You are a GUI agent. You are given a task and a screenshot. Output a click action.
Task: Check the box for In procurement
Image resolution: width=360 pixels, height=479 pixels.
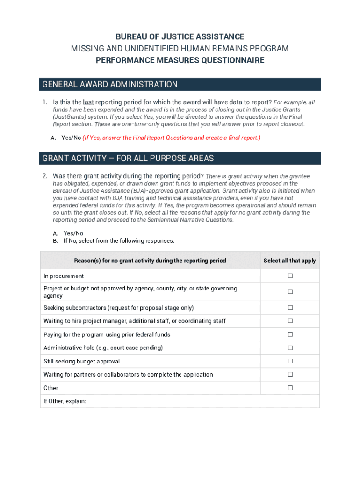(290, 276)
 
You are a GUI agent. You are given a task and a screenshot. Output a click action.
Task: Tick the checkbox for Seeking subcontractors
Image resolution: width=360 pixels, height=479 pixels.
(290, 308)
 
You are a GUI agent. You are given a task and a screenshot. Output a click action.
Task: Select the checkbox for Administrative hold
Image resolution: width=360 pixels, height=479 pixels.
(290, 348)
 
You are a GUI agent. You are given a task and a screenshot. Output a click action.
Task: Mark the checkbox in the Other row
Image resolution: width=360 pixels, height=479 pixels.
(290, 388)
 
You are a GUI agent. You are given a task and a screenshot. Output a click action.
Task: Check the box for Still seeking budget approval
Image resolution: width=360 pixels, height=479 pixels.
(290, 361)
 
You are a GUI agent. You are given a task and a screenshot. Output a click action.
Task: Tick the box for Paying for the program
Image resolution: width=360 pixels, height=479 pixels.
(290, 334)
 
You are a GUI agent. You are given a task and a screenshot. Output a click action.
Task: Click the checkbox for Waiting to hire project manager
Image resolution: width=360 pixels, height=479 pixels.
(290, 321)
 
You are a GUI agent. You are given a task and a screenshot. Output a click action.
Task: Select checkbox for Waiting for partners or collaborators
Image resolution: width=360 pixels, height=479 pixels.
(290, 374)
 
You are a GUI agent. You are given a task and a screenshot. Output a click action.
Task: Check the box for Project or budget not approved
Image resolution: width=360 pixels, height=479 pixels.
(290, 292)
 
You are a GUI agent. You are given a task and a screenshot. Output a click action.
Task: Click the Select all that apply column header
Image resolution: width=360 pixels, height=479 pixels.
(289, 261)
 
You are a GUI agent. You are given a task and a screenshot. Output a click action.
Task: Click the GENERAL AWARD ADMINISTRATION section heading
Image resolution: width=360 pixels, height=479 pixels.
(110, 84)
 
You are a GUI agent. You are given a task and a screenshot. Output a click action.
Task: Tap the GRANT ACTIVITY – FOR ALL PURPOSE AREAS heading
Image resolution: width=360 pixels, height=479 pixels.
(128, 158)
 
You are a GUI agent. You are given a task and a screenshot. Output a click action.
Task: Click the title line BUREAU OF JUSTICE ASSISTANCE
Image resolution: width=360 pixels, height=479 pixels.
(180, 36)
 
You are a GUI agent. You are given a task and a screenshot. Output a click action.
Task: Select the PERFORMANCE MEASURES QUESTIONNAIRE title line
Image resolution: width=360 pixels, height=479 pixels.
(180, 60)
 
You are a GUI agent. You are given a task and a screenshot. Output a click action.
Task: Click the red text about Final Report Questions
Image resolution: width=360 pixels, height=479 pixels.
(172, 138)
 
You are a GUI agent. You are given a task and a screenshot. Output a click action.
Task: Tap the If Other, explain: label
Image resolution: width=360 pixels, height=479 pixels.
(65, 401)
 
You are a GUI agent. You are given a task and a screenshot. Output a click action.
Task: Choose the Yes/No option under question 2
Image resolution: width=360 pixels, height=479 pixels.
(73, 233)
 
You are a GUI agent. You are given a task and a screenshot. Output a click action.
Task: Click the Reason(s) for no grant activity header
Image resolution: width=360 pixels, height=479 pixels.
(150, 261)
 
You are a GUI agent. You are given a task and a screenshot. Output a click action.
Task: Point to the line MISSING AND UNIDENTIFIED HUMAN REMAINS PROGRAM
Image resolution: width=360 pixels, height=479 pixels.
(180, 49)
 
